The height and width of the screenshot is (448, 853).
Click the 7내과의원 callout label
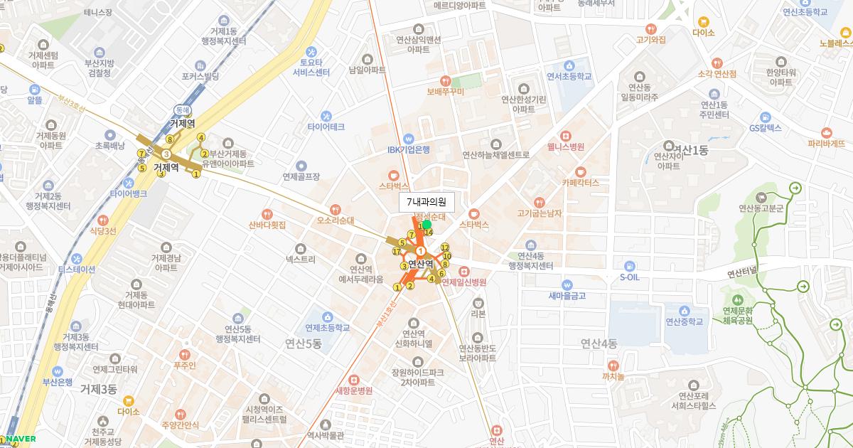pyautogui.click(x=426, y=203)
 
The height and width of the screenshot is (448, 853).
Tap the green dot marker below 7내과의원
pyautogui.click(x=426, y=225)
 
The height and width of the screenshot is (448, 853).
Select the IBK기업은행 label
pyautogui.click(x=408, y=149)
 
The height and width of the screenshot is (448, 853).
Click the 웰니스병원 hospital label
pyautogui.click(x=566, y=146)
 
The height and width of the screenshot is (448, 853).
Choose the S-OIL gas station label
pyautogui.click(x=630, y=277)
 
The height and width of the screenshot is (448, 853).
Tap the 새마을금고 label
pyautogui.click(x=567, y=296)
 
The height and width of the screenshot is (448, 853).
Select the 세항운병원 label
pyautogui.click(x=353, y=390)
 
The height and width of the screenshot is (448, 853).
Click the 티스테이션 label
pyautogui.click(x=77, y=270)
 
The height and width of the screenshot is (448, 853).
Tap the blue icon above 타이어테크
pyautogui.click(x=326, y=116)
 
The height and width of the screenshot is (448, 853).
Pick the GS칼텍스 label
pyautogui.click(x=765, y=128)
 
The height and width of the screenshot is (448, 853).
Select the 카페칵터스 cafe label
pyautogui.click(x=581, y=182)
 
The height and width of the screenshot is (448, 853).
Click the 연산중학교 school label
pyautogui.click(x=684, y=321)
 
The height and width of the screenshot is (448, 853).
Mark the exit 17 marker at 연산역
pyautogui.click(x=397, y=251)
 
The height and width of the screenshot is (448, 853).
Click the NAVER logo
pyautogui.click(x=21, y=439)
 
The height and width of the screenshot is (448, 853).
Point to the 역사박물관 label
pyautogui.click(x=325, y=435)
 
